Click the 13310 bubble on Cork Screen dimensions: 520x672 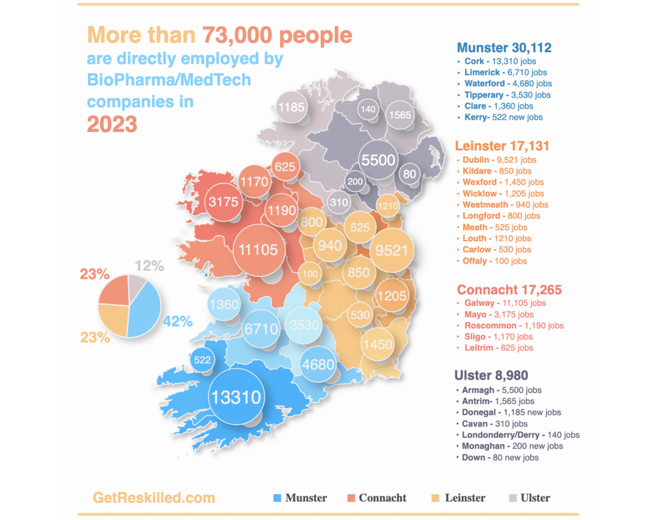point(235,397)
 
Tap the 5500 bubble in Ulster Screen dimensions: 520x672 point(378,160)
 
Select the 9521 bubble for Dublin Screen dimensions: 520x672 point(392,250)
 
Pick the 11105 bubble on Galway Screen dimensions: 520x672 point(258,249)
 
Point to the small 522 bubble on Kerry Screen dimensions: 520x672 point(202,359)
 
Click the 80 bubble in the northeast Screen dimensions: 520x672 point(410,174)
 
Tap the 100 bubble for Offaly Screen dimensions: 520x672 point(310,274)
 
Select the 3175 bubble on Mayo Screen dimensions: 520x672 point(223,202)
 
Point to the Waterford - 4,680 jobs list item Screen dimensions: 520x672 point(507,83)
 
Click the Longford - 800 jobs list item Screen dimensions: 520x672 point(501,216)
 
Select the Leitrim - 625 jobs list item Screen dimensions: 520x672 point(498,348)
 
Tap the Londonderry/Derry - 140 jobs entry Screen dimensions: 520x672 point(520,435)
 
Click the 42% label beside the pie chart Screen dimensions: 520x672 point(178,321)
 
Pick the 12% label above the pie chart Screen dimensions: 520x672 point(150,266)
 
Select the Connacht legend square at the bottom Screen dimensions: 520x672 point(351,498)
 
